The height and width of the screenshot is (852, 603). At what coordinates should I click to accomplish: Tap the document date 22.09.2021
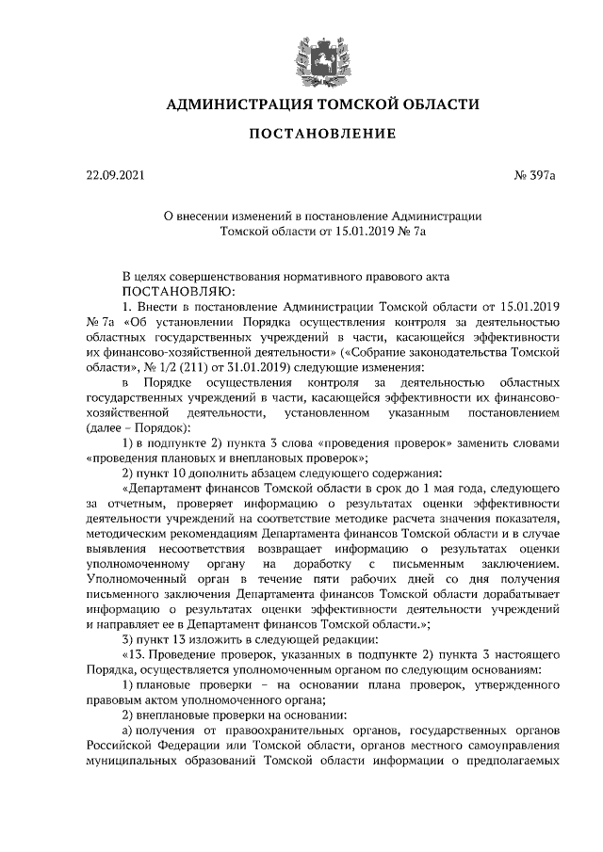(x=114, y=175)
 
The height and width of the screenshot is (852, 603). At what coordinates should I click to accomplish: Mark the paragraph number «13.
(x=136, y=654)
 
